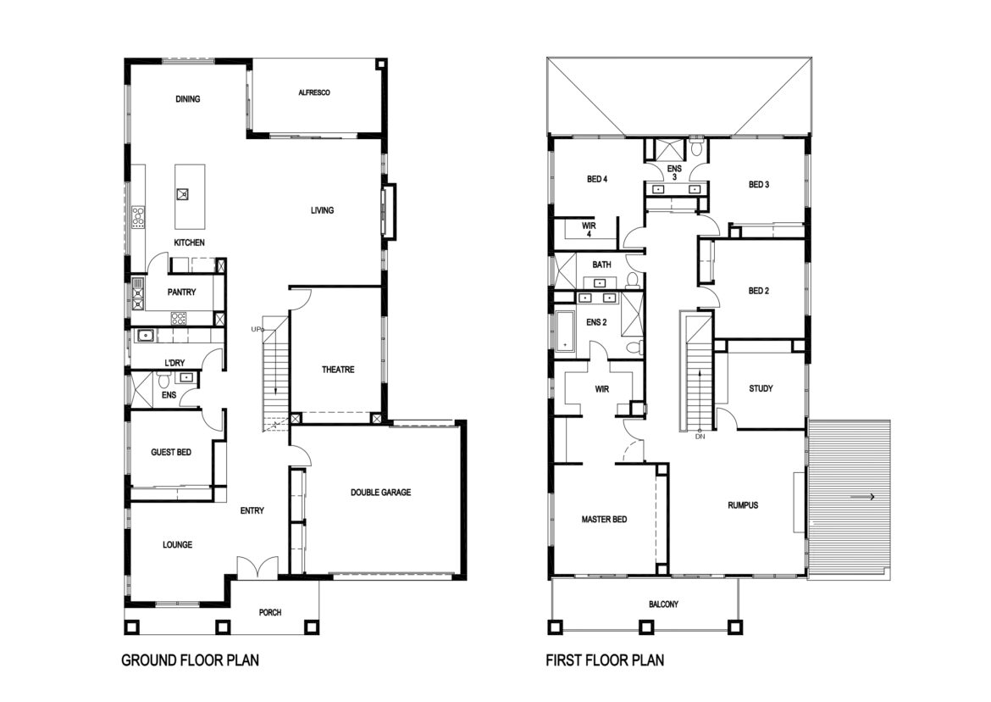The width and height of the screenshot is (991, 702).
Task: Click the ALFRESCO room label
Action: [314, 93]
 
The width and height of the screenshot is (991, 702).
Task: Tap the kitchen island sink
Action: [183, 193]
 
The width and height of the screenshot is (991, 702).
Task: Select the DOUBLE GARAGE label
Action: [380, 492]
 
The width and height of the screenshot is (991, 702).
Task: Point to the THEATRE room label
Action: [338, 370]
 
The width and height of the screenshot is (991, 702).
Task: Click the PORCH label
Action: [270, 612]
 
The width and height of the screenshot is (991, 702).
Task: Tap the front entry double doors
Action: [257, 566]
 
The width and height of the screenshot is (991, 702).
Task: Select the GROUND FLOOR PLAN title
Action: [191, 660]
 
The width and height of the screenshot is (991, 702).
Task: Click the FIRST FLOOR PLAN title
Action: [605, 660]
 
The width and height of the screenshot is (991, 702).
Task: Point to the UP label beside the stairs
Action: [256, 330]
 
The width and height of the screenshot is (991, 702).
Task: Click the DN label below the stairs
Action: [700, 437]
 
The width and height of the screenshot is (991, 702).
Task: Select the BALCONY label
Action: [663, 604]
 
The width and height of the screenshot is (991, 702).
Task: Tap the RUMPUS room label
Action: [743, 505]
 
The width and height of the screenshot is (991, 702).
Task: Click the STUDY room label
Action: [761, 388]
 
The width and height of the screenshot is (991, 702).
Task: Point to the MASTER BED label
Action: [604, 519]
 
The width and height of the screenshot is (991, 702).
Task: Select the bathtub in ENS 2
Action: [564, 330]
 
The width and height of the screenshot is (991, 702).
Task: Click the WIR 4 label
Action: [589, 230]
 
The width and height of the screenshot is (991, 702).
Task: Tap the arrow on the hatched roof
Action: [862, 497]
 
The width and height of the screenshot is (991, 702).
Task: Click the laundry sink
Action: [146, 336]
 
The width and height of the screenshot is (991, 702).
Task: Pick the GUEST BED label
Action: [170, 452]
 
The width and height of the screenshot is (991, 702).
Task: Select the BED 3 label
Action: [758, 185]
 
